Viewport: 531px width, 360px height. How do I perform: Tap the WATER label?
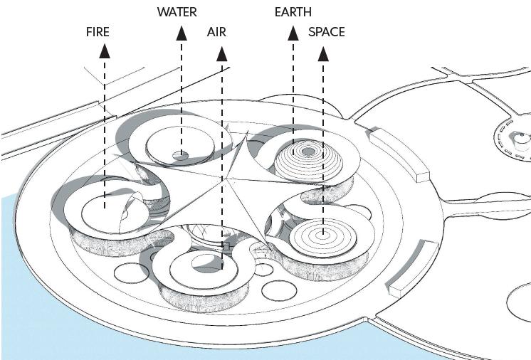tap(177, 12)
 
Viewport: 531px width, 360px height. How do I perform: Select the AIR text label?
tap(217, 32)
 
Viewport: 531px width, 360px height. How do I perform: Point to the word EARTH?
tap(293, 12)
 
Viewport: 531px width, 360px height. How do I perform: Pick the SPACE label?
tap(327, 32)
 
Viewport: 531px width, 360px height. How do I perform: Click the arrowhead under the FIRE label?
tap(105, 50)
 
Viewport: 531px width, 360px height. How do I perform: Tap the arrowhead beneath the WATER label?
tap(182, 31)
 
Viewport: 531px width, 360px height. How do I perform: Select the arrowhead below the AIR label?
tap(221, 53)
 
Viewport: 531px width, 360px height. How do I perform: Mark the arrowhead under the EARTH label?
tap(293, 32)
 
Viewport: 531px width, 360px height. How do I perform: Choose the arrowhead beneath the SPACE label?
tap(323, 53)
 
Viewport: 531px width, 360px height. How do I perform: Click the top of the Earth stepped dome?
tap(309, 151)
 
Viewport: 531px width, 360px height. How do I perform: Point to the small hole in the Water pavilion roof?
tap(182, 154)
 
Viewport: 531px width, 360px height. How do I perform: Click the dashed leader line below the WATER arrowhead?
tap(182, 92)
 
